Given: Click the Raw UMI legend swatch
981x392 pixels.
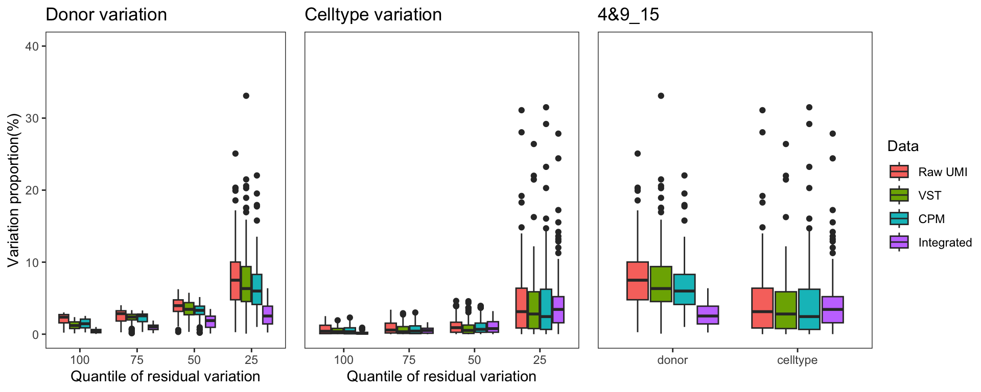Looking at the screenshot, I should point(899,172).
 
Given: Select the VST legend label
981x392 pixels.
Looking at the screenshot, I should point(929,195).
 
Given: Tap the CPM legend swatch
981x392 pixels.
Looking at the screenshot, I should point(899,218).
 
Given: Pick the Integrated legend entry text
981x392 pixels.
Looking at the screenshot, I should point(945,242).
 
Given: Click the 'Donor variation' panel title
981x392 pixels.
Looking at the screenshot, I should point(106,15).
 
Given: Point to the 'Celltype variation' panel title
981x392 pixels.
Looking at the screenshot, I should point(373,15).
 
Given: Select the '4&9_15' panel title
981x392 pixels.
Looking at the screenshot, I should point(628,15).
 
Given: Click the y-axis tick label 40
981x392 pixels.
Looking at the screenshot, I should point(32,46).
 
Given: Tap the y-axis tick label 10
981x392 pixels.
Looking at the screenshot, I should point(32,262).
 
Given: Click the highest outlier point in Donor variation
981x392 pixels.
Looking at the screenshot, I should point(246,96).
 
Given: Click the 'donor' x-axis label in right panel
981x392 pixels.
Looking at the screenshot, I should point(672,360).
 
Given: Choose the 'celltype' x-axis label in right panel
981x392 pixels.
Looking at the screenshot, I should point(797,360).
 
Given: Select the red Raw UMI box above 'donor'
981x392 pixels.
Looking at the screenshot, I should point(637,281).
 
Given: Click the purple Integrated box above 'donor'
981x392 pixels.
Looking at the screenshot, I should point(708,315).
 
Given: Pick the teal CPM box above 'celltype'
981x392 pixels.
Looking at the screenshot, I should point(809,309).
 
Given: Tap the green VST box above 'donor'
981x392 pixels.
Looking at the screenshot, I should point(661,284).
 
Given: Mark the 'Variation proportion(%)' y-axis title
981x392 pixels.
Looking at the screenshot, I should point(13,190).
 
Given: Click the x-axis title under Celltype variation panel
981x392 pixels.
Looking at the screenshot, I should point(441,377).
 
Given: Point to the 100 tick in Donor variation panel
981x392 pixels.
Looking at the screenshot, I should point(80,360).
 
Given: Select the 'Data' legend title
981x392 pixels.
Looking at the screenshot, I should point(903,146).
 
